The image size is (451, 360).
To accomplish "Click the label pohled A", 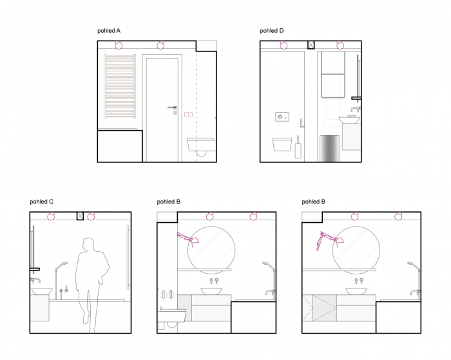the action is (x=109, y=31).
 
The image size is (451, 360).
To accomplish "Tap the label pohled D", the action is (x=271, y=31).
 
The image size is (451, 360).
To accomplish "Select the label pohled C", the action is (x=41, y=202).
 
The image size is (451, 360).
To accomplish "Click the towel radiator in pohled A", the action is (x=120, y=86).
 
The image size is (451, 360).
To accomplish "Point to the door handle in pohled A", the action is (x=172, y=108).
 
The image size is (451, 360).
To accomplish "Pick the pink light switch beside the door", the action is (x=188, y=115).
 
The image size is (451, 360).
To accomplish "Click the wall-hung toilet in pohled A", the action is (x=201, y=145).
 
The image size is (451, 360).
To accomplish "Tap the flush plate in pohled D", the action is (x=282, y=117).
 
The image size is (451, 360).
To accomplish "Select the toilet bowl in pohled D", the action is (x=282, y=144).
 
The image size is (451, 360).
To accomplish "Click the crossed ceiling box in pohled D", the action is (x=311, y=45).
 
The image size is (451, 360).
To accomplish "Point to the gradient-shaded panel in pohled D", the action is (x=330, y=148).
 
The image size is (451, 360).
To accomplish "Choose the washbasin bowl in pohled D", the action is (x=349, y=120).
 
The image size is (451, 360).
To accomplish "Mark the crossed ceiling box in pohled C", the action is (x=80, y=216).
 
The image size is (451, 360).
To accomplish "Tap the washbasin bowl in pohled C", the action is (x=42, y=292).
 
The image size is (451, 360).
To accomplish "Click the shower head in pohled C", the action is (x=64, y=263).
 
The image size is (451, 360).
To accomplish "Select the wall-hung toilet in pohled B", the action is (x=172, y=316).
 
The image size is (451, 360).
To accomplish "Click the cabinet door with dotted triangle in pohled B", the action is (x=325, y=308).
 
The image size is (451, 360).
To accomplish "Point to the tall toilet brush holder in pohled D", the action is (x=298, y=147).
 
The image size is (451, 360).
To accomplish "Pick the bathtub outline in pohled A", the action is (x=120, y=146).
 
